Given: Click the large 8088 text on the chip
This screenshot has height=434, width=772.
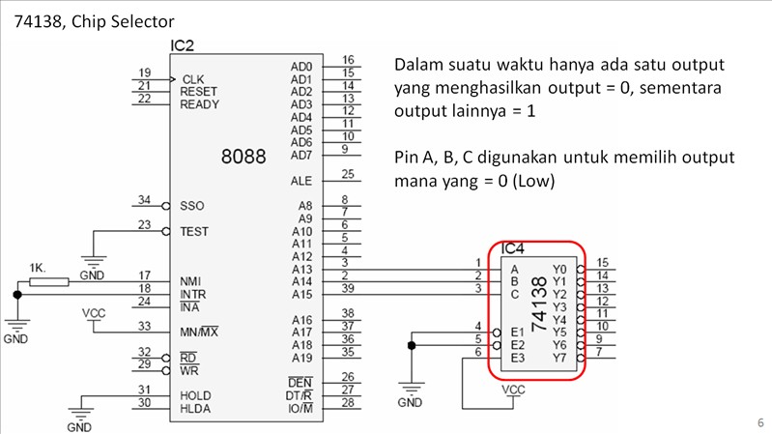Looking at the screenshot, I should (243, 156).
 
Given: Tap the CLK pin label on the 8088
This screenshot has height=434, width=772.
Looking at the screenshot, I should (192, 79).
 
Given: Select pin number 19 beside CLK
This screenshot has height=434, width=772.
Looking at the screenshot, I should (144, 72).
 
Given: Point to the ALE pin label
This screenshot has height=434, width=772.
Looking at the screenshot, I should (300, 181).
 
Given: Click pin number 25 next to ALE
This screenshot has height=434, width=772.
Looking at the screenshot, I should (347, 174).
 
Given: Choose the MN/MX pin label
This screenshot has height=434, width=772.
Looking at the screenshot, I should (199, 333).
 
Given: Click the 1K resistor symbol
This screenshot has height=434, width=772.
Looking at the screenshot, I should (49, 282).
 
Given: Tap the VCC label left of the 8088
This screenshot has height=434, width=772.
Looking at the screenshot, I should (94, 314).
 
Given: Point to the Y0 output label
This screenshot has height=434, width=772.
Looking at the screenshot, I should (559, 269).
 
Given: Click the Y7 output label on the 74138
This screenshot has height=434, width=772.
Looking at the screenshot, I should (559, 358).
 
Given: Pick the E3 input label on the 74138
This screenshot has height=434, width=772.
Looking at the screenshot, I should (517, 358).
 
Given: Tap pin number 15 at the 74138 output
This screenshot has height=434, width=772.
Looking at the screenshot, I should (602, 262).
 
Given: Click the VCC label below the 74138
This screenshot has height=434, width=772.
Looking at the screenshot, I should (514, 391).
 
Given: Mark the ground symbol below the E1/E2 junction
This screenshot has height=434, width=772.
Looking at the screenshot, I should (411, 391).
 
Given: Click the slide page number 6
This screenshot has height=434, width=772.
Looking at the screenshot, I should (758, 422).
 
